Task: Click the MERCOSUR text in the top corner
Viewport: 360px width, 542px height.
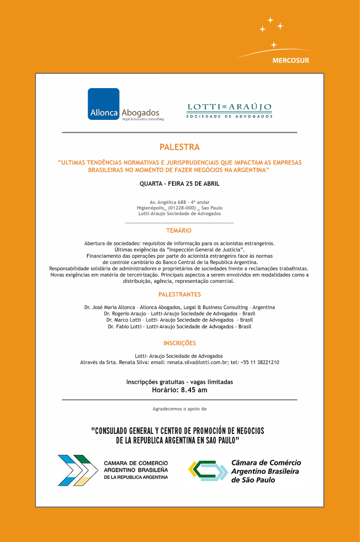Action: (x=290, y=61)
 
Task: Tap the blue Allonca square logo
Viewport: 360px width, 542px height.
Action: (x=103, y=104)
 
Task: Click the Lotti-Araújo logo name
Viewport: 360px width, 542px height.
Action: (x=229, y=107)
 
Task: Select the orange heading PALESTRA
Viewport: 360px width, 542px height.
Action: (x=180, y=147)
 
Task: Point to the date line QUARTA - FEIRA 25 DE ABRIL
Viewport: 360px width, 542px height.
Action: (x=180, y=183)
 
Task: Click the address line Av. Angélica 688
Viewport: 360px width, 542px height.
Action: (x=180, y=202)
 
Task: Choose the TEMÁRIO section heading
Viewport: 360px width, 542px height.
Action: (x=179, y=231)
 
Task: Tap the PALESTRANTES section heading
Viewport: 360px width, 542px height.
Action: (x=180, y=295)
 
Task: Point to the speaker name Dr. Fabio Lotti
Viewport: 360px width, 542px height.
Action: (x=125, y=326)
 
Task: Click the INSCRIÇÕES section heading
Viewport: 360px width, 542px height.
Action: (x=180, y=343)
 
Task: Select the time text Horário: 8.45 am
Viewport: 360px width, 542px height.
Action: (x=180, y=390)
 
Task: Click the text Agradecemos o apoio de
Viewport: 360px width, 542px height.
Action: (x=180, y=408)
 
